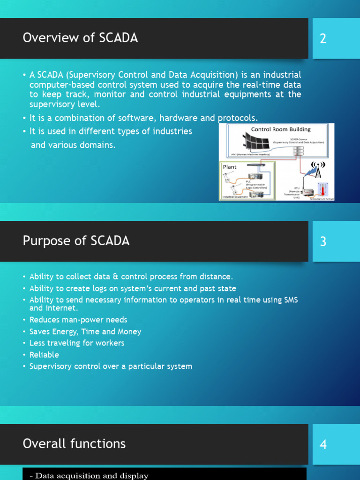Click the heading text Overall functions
(x=74, y=443)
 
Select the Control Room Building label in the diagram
(x=281, y=129)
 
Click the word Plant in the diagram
(x=230, y=167)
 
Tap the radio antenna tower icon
(x=318, y=170)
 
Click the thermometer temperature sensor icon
(x=323, y=189)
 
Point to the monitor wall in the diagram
(x=256, y=142)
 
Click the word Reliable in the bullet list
(x=44, y=355)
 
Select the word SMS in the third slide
(x=291, y=300)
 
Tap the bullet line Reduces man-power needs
(x=78, y=320)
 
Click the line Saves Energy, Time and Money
(x=85, y=331)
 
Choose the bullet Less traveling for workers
(x=76, y=343)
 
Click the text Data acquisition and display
(x=91, y=476)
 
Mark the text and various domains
(x=73, y=145)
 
